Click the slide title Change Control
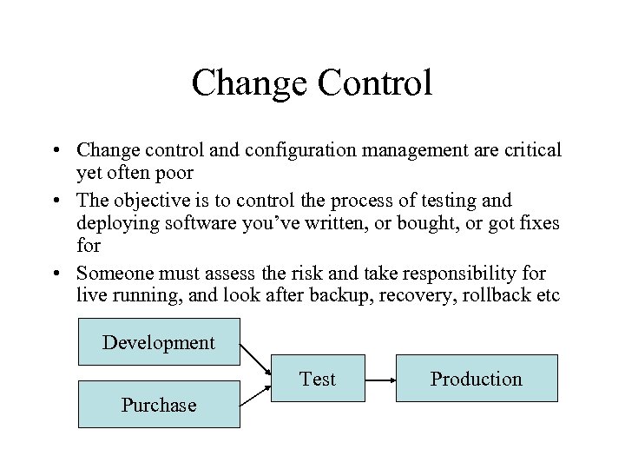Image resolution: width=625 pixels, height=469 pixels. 312,83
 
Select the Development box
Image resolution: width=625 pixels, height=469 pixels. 159,342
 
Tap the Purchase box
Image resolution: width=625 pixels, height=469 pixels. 159,405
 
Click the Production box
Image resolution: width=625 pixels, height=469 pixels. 477,379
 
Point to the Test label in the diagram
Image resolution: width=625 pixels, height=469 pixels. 318,379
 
